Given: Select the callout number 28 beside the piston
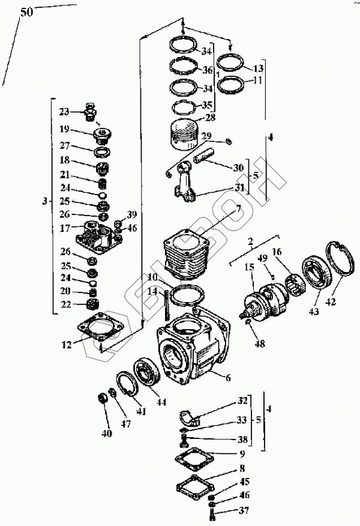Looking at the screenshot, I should pos(209,118).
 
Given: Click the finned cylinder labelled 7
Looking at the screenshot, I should pos(183,256).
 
